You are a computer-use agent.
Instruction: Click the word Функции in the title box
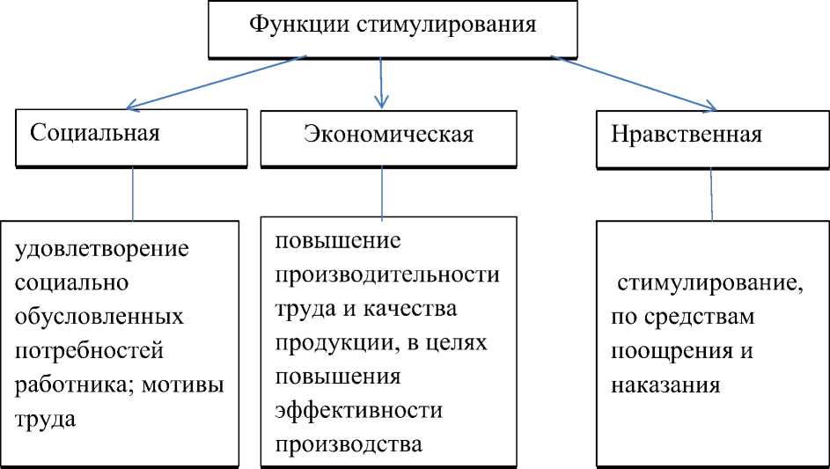299,25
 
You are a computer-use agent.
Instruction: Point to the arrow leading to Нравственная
634,84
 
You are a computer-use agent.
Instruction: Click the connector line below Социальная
133,193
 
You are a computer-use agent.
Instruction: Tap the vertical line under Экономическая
382,192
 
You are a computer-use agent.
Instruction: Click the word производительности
386,275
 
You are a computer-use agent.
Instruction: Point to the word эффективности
358,411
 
